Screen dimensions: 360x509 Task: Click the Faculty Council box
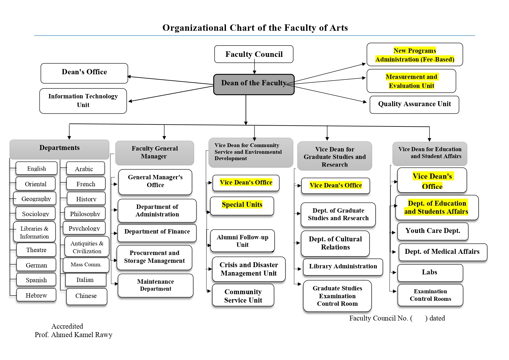pyautogui.click(x=254, y=54)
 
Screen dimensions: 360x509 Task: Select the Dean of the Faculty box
pyautogui.click(x=254, y=84)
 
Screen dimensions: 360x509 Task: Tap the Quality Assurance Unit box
pyautogui.click(x=414, y=104)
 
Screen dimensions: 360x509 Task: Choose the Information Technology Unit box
pyautogui.click(x=83, y=101)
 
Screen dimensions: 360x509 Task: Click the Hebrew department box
pyautogui.click(x=36, y=295)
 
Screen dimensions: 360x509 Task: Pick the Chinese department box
pyautogui.click(x=86, y=296)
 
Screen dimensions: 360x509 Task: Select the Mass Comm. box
pyautogui.click(x=86, y=265)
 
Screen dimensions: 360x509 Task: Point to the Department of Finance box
pyautogui.click(x=157, y=232)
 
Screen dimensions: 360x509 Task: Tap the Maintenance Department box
pyautogui.click(x=155, y=285)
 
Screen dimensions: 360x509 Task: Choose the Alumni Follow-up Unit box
pyautogui.click(x=242, y=241)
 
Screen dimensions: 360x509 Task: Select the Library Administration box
pyautogui.click(x=343, y=267)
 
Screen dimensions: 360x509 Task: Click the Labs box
pyautogui.click(x=430, y=273)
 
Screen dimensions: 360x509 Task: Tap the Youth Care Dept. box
pyautogui.click(x=433, y=231)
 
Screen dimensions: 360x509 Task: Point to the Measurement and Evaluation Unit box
pyautogui.click(x=411, y=81)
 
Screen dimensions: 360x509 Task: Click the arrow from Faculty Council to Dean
pyautogui.click(x=254, y=68)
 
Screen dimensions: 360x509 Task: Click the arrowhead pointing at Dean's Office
pyautogui.click(x=129, y=77)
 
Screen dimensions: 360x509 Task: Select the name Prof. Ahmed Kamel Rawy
pyautogui.click(x=73, y=335)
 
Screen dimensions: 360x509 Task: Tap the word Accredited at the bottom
pyautogui.click(x=67, y=326)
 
